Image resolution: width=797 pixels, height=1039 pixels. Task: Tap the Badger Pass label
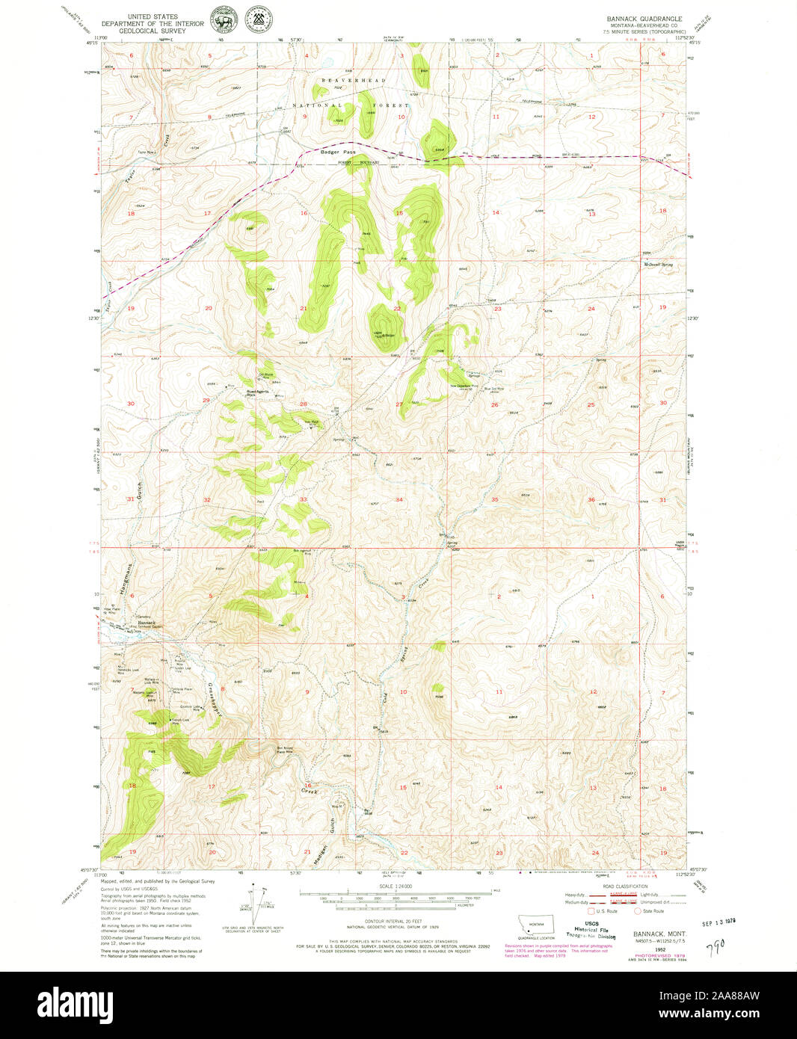pos(333,152)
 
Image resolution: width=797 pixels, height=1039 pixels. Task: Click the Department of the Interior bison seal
pos(223,20)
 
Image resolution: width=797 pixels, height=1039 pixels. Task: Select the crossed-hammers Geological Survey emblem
pos(257,20)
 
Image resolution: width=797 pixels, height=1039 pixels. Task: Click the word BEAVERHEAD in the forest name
pos(354,80)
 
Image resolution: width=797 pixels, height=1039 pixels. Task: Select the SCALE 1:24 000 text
pos(396,887)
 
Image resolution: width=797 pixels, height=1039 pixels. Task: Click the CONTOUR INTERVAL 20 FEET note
pos(396,921)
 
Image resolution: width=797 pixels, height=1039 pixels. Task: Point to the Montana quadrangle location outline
pos(537,925)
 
